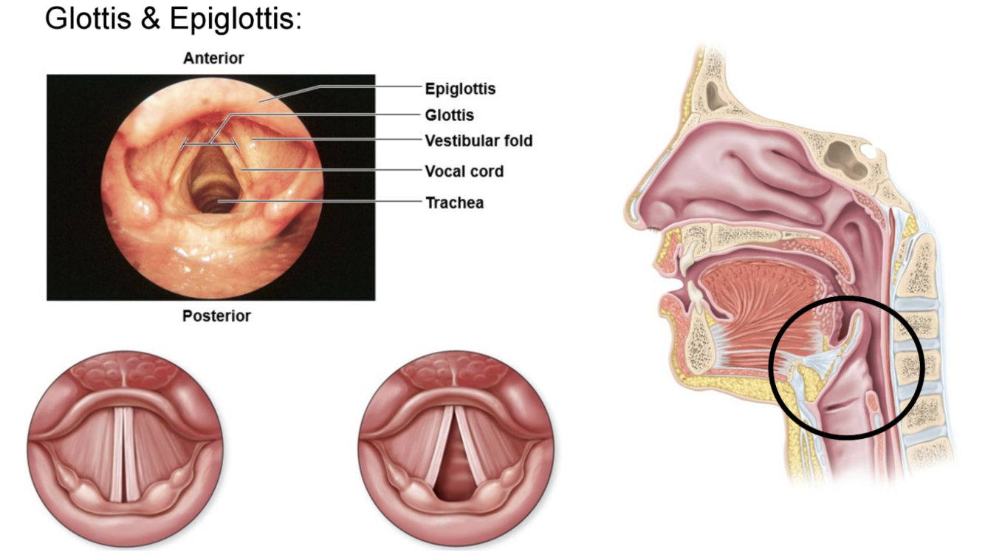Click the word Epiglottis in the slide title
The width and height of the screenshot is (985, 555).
tap(236, 18)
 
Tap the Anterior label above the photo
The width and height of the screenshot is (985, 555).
tap(213, 58)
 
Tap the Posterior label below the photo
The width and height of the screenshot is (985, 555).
tap(216, 316)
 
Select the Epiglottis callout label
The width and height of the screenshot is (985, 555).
tap(460, 89)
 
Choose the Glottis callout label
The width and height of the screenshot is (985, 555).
tap(449, 115)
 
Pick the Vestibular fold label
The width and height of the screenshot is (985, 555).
tap(478, 140)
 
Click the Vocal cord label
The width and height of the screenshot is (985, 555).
tap(464, 171)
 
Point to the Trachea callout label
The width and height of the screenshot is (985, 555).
tap(454, 202)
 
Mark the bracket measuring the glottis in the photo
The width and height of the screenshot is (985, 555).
tap(210, 143)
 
